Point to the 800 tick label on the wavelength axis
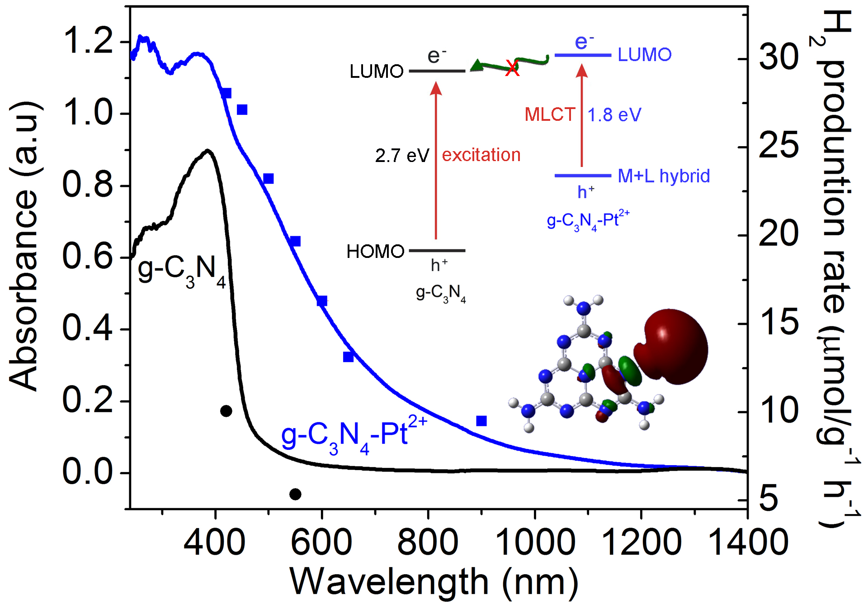click(428, 542)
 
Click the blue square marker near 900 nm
click(481, 421)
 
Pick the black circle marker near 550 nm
click(295, 494)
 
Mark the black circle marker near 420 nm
click(226, 411)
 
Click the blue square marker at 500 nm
click(269, 178)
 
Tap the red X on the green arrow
click(512, 68)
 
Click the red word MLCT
click(550, 114)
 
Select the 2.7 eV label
click(402, 156)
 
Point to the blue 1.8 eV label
click(614, 115)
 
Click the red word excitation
click(481, 155)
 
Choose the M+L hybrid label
click(664, 176)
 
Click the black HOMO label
click(375, 251)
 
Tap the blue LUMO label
click(645, 55)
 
